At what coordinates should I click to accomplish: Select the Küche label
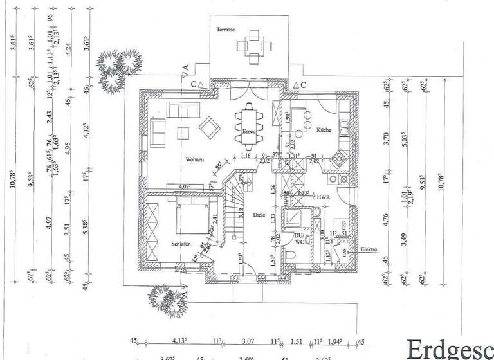[324, 130]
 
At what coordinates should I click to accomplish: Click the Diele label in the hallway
[259, 215]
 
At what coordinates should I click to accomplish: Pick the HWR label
[322, 196]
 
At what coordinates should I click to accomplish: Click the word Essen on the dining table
[249, 131]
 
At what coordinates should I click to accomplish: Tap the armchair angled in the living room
[209, 126]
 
